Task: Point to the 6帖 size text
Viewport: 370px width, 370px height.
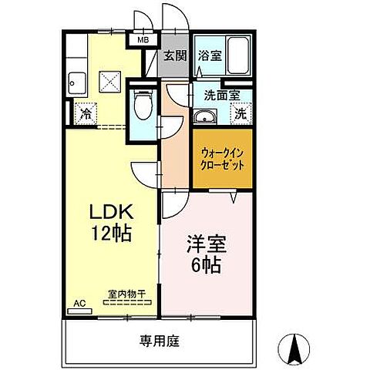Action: click(x=202, y=267)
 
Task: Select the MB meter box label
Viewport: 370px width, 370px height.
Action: click(x=143, y=40)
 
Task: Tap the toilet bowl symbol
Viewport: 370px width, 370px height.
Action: click(x=143, y=103)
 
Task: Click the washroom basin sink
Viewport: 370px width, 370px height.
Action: click(x=204, y=116)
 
